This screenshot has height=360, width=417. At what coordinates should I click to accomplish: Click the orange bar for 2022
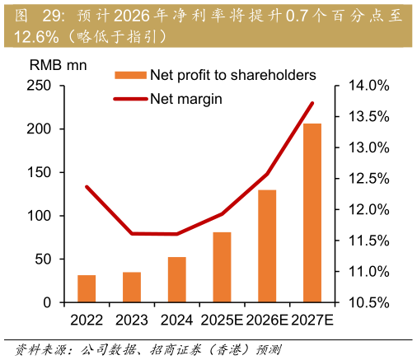(x=87, y=288)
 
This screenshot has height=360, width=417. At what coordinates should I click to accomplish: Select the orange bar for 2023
(x=132, y=287)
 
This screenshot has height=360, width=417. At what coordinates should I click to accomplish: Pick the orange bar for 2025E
(x=222, y=267)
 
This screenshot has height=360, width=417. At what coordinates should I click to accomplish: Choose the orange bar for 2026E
(x=267, y=245)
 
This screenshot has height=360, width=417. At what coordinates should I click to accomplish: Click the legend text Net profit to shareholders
(x=232, y=75)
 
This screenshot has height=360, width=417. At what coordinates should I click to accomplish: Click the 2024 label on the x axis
(x=177, y=320)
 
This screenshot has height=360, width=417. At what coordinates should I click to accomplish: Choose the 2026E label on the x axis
(x=266, y=320)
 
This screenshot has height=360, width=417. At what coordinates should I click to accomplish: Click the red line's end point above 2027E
(x=312, y=103)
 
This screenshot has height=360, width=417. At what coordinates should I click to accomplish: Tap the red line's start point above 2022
(x=87, y=187)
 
